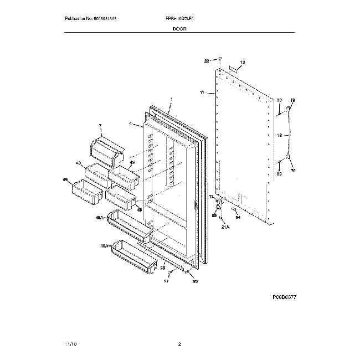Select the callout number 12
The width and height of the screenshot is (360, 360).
pyautogui.click(x=242, y=63)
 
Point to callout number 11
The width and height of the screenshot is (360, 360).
pyautogui.click(x=202, y=92)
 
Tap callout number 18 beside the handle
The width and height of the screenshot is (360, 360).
pyautogui.click(x=280, y=135)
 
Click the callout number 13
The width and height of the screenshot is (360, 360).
pyautogui.click(x=211, y=197)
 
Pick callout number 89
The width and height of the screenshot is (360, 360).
pyautogui.click(x=214, y=215)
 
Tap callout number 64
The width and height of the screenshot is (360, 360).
pyautogui.click(x=238, y=217)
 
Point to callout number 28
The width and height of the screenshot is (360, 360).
pyautogui.click(x=163, y=268)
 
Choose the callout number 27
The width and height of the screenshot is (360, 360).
pyautogui.click(x=166, y=281)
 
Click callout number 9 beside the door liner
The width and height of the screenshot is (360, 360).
pyautogui.click(x=130, y=125)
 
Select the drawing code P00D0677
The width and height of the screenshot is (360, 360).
pyautogui.click(x=284, y=297)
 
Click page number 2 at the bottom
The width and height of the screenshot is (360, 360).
pyautogui.click(x=180, y=344)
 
